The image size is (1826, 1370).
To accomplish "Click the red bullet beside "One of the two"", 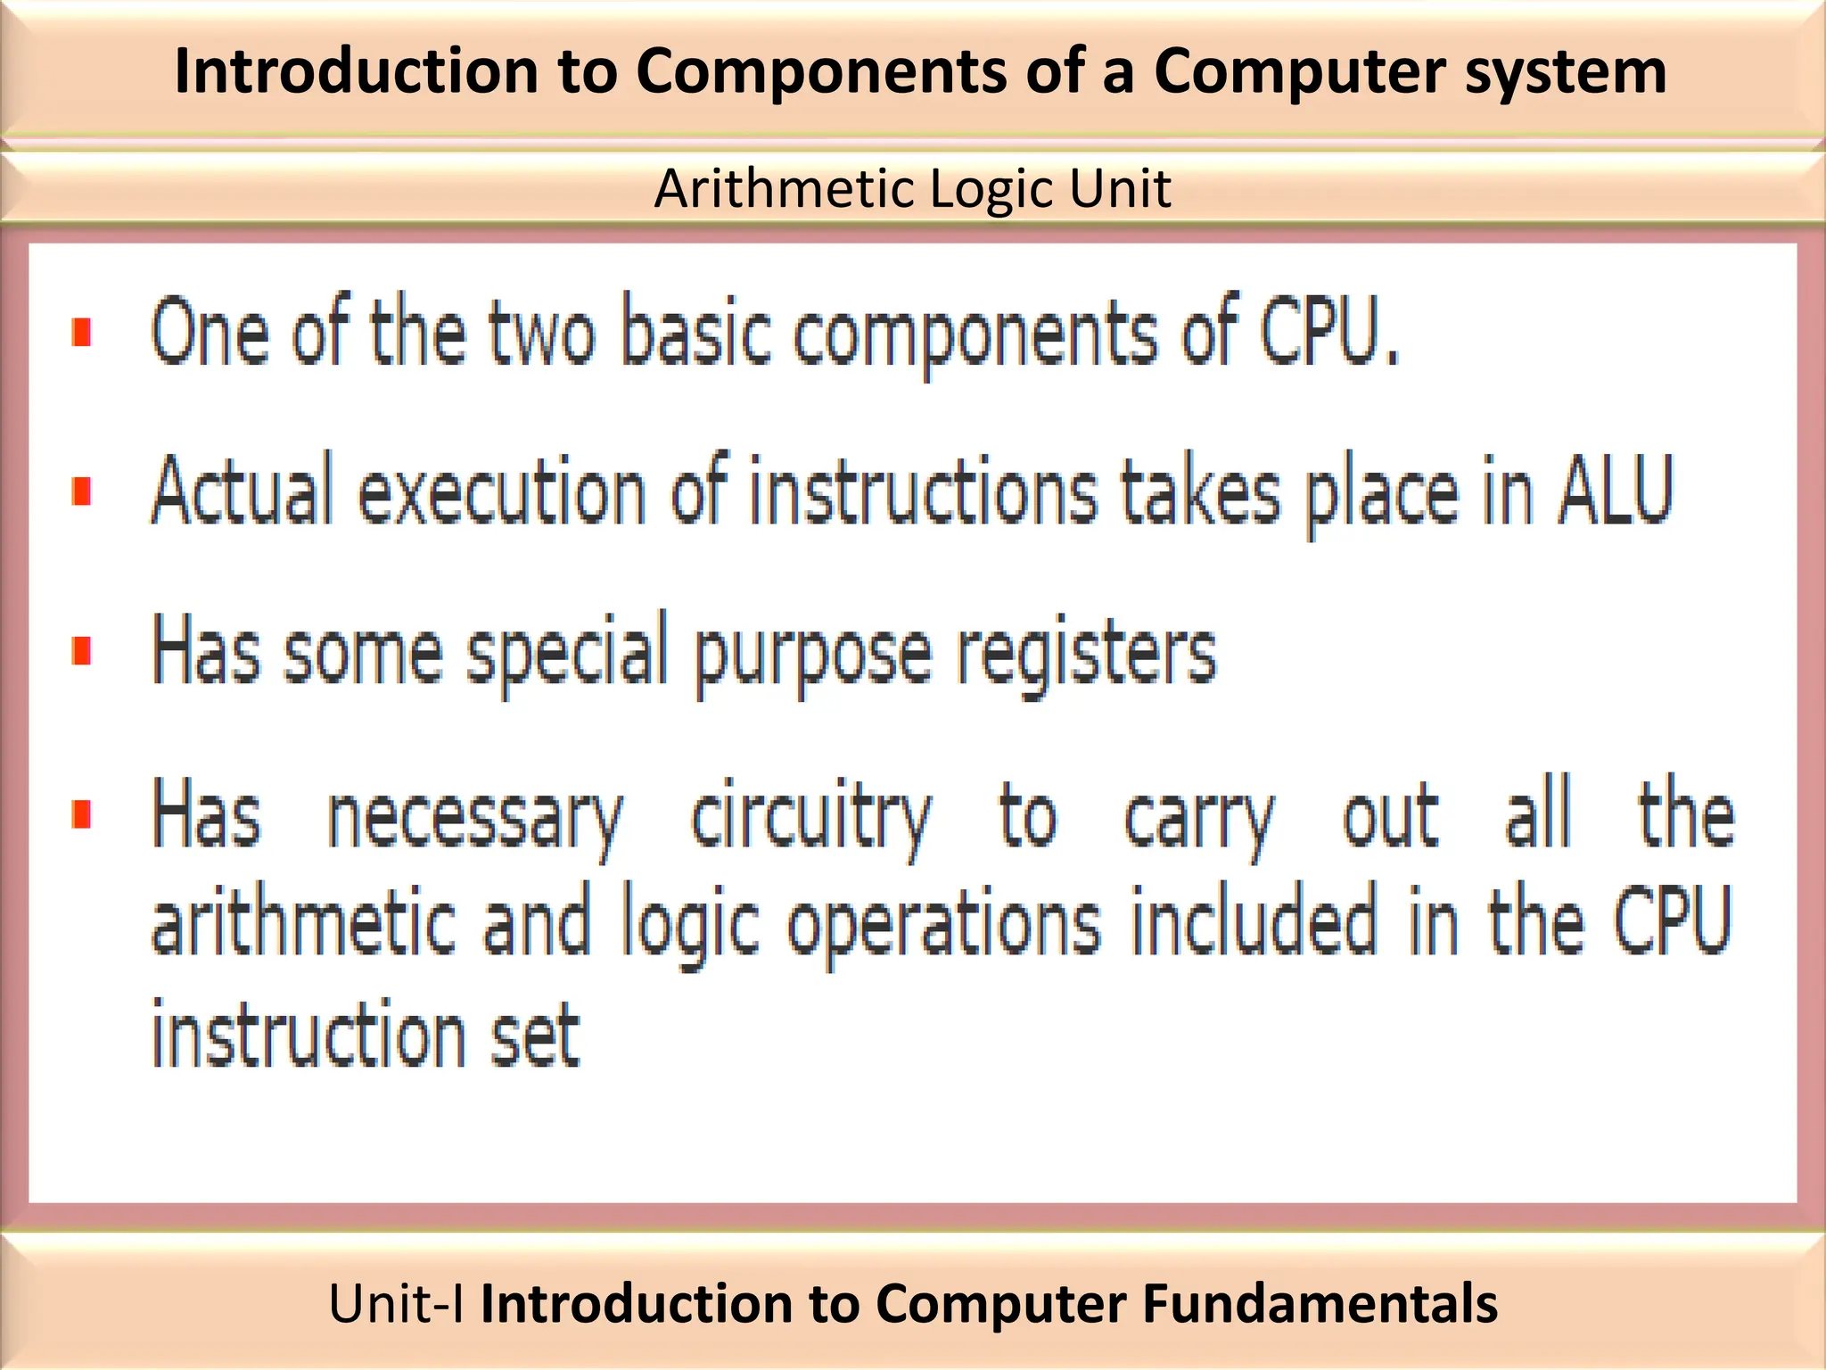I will [x=82, y=332].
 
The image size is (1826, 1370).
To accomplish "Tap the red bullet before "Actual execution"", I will [x=82, y=491].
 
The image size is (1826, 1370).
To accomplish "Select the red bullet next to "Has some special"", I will [x=82, y=651].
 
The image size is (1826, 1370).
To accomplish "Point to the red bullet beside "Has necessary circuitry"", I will [x=82, y=814].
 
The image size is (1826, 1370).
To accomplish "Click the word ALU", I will [x=1614, y=491].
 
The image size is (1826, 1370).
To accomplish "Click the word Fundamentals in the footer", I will [x=1320, y=1303].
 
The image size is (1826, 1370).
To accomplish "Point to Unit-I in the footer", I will [x=396, y=1303].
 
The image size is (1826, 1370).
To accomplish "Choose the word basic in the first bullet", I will [x=695, y=332].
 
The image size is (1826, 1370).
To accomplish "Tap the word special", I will [x=569, y=653].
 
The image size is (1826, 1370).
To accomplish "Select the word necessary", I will [x=475, y=817].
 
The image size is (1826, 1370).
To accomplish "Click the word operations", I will [x=943, y=925].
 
